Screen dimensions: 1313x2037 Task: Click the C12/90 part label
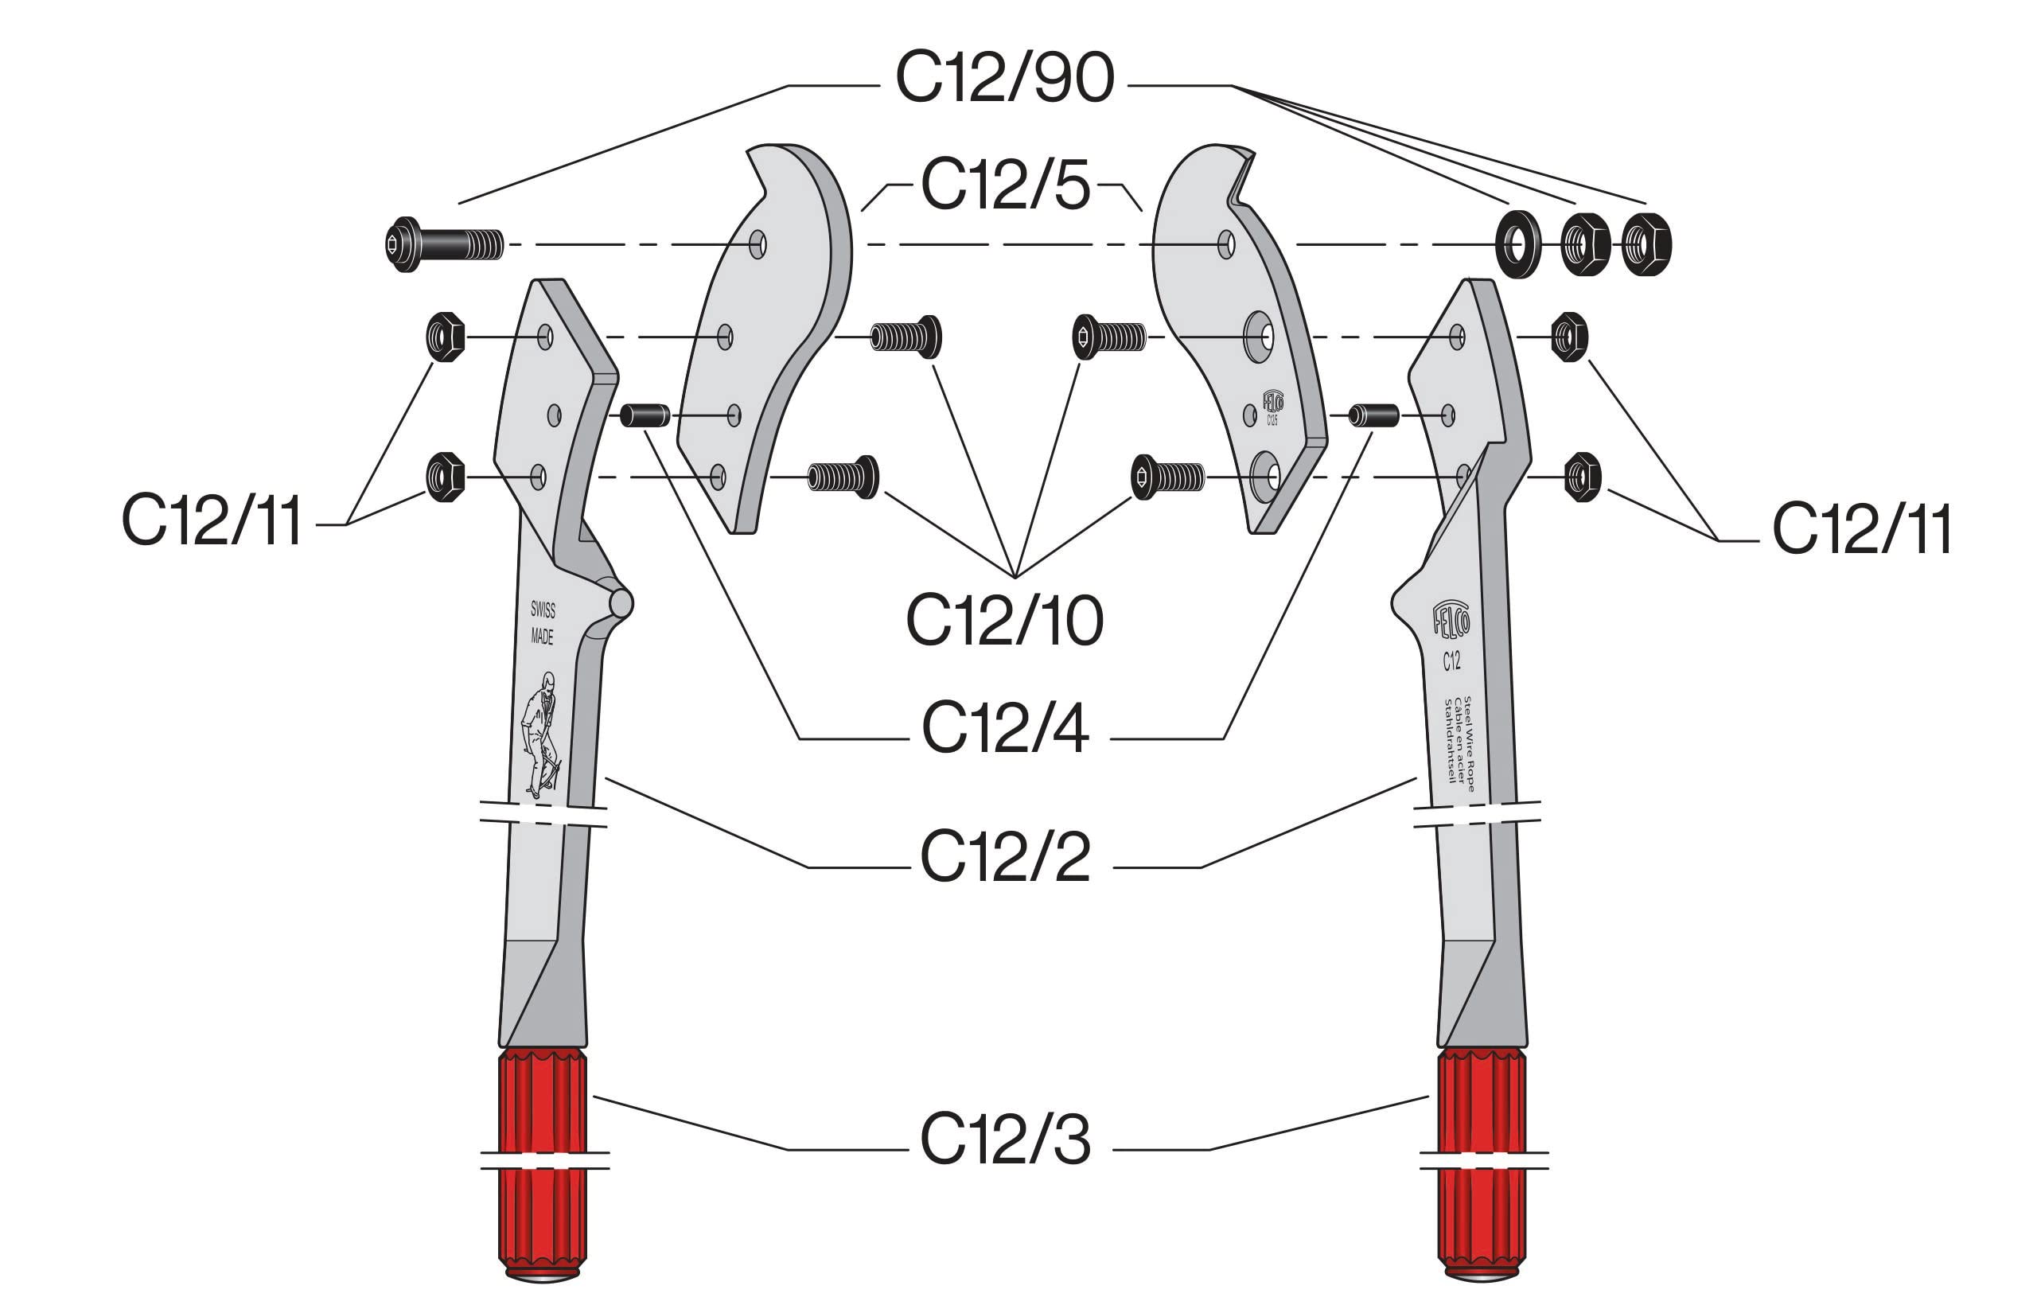point(1004,79)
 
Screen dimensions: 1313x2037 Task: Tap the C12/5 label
point(1005,185)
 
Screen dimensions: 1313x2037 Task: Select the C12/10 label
point(1004,621)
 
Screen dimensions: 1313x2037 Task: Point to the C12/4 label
point(1005,729)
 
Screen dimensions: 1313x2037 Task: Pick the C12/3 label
point(1005,1139)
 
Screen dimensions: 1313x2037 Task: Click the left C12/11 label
point(212,520)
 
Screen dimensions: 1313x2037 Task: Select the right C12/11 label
point(1862,529)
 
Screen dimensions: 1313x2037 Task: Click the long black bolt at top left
point(443,246)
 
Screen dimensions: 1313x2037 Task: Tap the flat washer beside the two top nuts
point(1517,245)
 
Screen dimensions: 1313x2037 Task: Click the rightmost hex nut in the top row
point(1646,245)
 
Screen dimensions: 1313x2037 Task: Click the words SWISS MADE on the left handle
point(542,623)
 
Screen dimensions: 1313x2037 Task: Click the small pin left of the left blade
point(645,415)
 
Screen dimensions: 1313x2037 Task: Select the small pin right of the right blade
point(1374,415)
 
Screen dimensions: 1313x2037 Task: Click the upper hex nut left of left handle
point(445,337)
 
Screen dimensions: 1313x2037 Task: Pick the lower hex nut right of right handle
point(1583,477)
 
